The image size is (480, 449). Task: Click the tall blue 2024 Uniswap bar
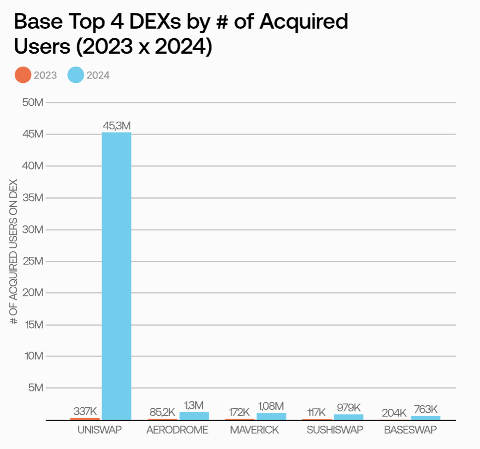[x=117, y=276]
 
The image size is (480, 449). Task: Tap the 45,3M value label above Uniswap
[x=117, y=126]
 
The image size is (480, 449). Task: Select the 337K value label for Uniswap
[x=85, y=411]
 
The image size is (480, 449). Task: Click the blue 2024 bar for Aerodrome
[x=194, y=416]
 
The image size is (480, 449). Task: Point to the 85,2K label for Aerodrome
[x=162, y=412]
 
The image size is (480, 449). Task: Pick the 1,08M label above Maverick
[x=271, y=406]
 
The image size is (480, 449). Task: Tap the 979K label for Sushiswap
[x=348, y=408]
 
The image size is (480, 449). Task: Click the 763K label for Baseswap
[x=425, y=409]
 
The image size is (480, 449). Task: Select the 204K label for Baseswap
[x=394, y=413]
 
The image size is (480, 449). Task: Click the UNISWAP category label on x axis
[x=100, y=430]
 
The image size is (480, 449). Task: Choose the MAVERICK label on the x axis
[x=254, y=430]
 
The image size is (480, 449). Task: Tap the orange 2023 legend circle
[x=23, y=75]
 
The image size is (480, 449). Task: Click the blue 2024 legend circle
[x=75, y=75]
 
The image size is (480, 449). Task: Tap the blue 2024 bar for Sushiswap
[x=348, y=417]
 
